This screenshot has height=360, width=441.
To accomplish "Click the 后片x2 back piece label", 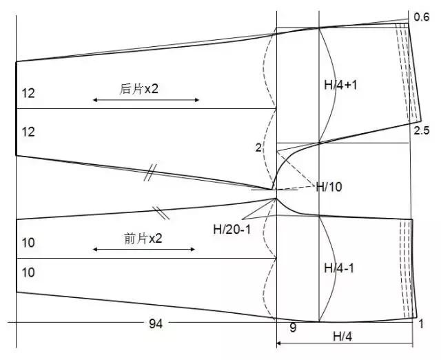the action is point(139,89).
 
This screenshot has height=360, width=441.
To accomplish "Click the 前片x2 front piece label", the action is point(143,239).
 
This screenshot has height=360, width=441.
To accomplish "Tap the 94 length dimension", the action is point(156,324).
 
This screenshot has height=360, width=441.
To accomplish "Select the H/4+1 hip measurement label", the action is point(340,85).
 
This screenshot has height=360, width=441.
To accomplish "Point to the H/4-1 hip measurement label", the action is point(339,268).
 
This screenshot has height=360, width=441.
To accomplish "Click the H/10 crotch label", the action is point(329,187).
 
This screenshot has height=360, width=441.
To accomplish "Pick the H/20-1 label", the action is point(232,230).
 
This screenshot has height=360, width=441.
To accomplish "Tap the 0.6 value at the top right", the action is point(422,17).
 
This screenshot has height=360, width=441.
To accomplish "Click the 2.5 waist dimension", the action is point(422,130).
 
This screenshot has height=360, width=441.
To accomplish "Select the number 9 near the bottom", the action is point(293,328).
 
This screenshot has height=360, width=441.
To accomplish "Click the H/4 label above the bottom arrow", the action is point(342,337).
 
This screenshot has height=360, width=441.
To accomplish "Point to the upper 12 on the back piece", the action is point(28,93).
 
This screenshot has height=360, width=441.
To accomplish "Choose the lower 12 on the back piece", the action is point(28,132).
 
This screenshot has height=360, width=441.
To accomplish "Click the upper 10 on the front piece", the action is point(28,243).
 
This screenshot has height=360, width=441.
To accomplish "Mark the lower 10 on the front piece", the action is point(28,272).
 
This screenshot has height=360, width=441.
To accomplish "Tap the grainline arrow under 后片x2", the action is point(146,99).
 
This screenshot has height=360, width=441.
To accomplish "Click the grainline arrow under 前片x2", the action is point(144,249).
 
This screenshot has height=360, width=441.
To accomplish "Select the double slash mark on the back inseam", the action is point(150,172).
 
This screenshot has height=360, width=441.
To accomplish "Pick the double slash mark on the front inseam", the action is point(161,213).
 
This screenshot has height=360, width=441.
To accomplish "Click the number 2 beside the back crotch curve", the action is point(258,148).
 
